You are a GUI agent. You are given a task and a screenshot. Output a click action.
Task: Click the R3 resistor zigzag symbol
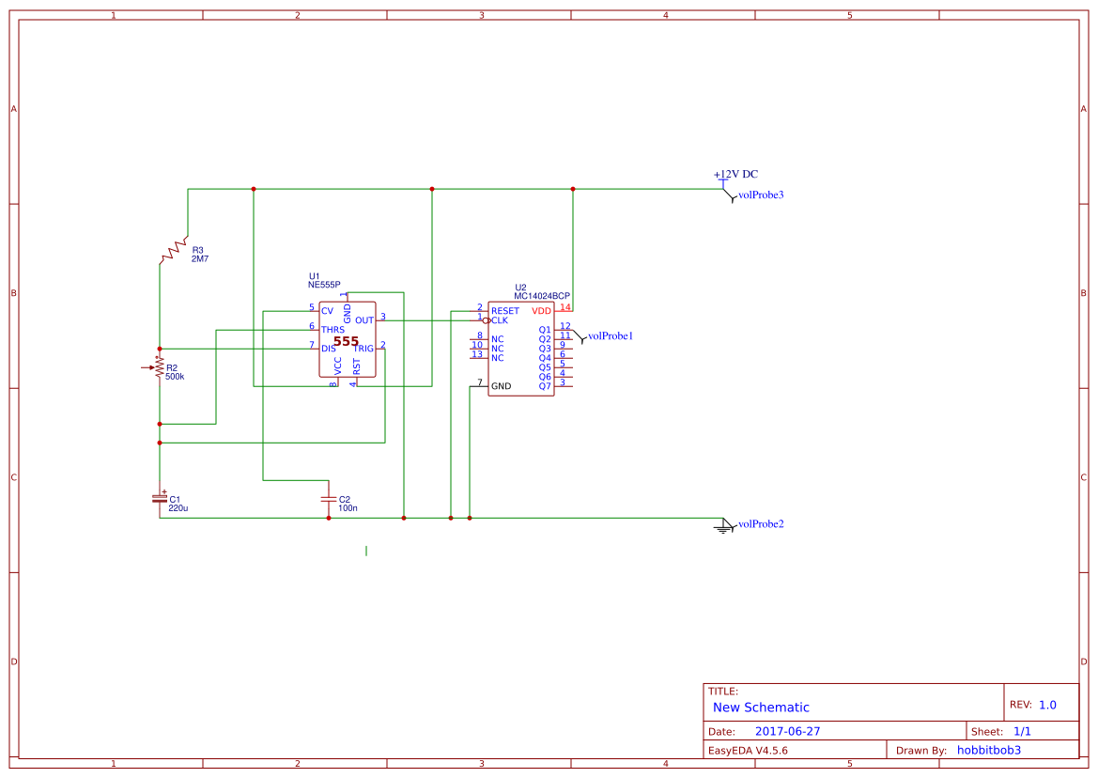[174, 251]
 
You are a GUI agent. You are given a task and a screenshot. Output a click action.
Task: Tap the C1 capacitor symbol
[160, 498]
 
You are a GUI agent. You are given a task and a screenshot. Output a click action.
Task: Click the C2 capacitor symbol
[328, 498]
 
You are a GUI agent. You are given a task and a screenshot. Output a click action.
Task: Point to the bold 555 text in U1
[346, 342]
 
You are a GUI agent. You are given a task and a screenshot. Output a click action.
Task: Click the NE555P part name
[324, 284]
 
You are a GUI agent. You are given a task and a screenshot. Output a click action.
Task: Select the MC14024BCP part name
[542, 295]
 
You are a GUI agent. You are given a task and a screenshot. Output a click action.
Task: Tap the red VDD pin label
[542, 311]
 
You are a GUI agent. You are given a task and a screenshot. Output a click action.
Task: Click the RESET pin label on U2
[504, 311]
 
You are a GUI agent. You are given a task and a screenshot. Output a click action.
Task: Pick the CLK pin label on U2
[499, 320]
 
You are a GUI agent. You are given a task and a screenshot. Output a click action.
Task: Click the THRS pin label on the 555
[332, 330]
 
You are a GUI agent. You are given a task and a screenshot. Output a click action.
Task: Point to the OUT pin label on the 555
[364, 320]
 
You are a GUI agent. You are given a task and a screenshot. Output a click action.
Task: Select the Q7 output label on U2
[545, 386]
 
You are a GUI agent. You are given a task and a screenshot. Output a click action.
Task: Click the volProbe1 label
[611, 335]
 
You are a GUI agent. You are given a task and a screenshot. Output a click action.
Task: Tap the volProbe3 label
[761, 195]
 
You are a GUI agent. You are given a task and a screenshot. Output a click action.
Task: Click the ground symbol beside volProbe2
[723, 526]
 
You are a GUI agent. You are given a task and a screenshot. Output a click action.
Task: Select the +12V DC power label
[735, 175]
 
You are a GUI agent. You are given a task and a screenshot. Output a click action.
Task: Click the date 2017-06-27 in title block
[787, 731]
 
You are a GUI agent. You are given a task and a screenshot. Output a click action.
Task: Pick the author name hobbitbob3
[988, 750]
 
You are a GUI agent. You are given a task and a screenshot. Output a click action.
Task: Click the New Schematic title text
[761, 708]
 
